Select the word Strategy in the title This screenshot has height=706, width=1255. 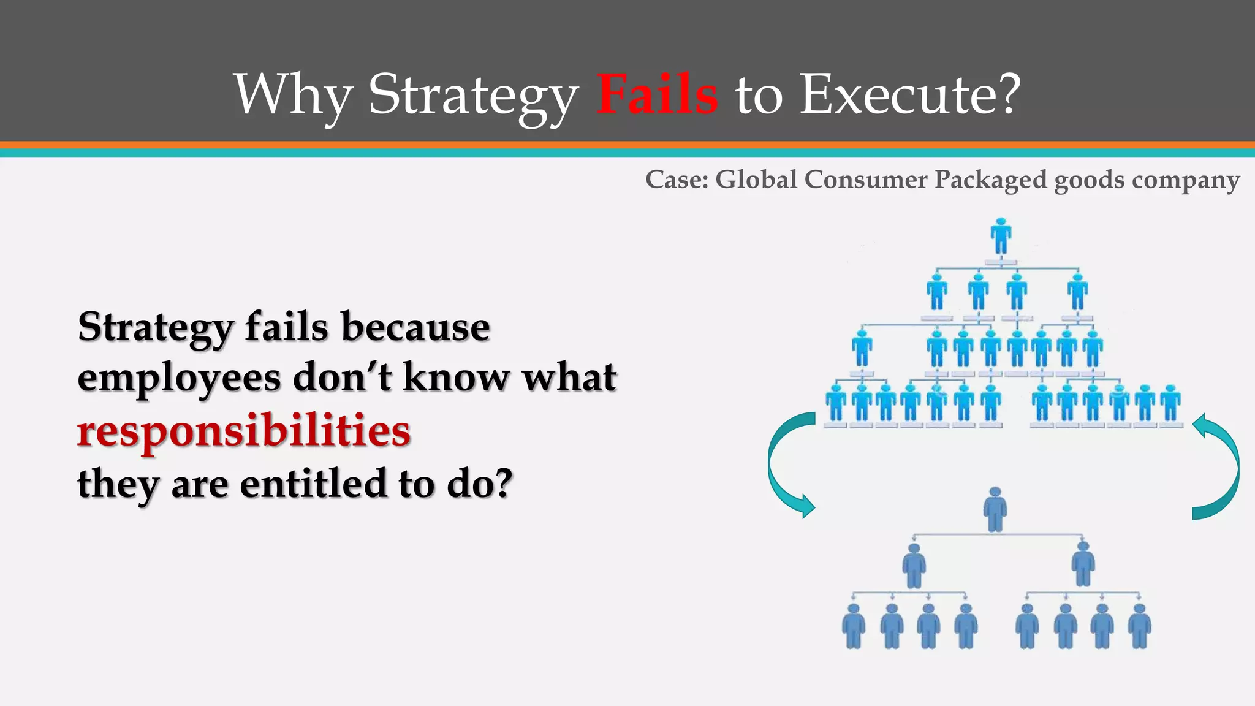472,95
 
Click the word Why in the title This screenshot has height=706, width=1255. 293,95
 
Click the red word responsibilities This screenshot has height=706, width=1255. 244,430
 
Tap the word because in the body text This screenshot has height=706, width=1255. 415,327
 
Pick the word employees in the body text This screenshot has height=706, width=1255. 178,378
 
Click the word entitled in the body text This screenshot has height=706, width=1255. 313,483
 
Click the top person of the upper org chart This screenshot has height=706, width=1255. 1001,236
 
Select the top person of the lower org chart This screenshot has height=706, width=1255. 995,509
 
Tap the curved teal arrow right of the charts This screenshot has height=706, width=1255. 1217,466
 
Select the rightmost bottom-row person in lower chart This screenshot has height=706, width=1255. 1140,626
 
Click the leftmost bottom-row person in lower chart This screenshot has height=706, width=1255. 854,626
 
